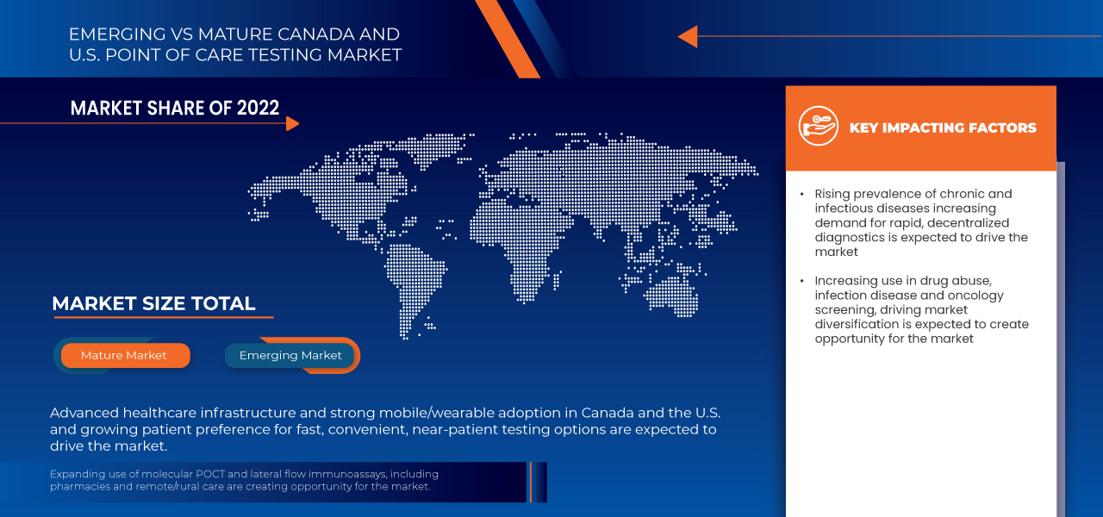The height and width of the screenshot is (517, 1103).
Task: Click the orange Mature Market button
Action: click(x=124, y=355)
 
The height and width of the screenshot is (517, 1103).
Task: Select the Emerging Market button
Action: click(x=290, y=355)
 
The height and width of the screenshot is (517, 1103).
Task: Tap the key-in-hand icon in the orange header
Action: click(x=818, y=127)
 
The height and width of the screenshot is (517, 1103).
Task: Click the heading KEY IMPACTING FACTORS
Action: click(x=943, y=128)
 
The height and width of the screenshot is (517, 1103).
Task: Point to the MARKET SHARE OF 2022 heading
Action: click(x=175, y=108)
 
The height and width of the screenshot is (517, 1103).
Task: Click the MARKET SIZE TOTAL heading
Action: click(x=153, y=303)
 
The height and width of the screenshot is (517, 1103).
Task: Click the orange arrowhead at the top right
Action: click(x=687, y=36)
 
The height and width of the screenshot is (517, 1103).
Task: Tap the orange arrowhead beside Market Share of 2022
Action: click(x=292, y=123)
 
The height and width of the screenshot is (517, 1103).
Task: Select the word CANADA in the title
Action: click(x=308, y=34)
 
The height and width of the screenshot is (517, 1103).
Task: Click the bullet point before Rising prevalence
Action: click(x=801, y=194)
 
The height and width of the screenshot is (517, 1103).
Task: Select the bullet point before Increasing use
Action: click(x=801, y=281)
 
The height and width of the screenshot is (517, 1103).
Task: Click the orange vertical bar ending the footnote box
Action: click(x=531, y=482)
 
